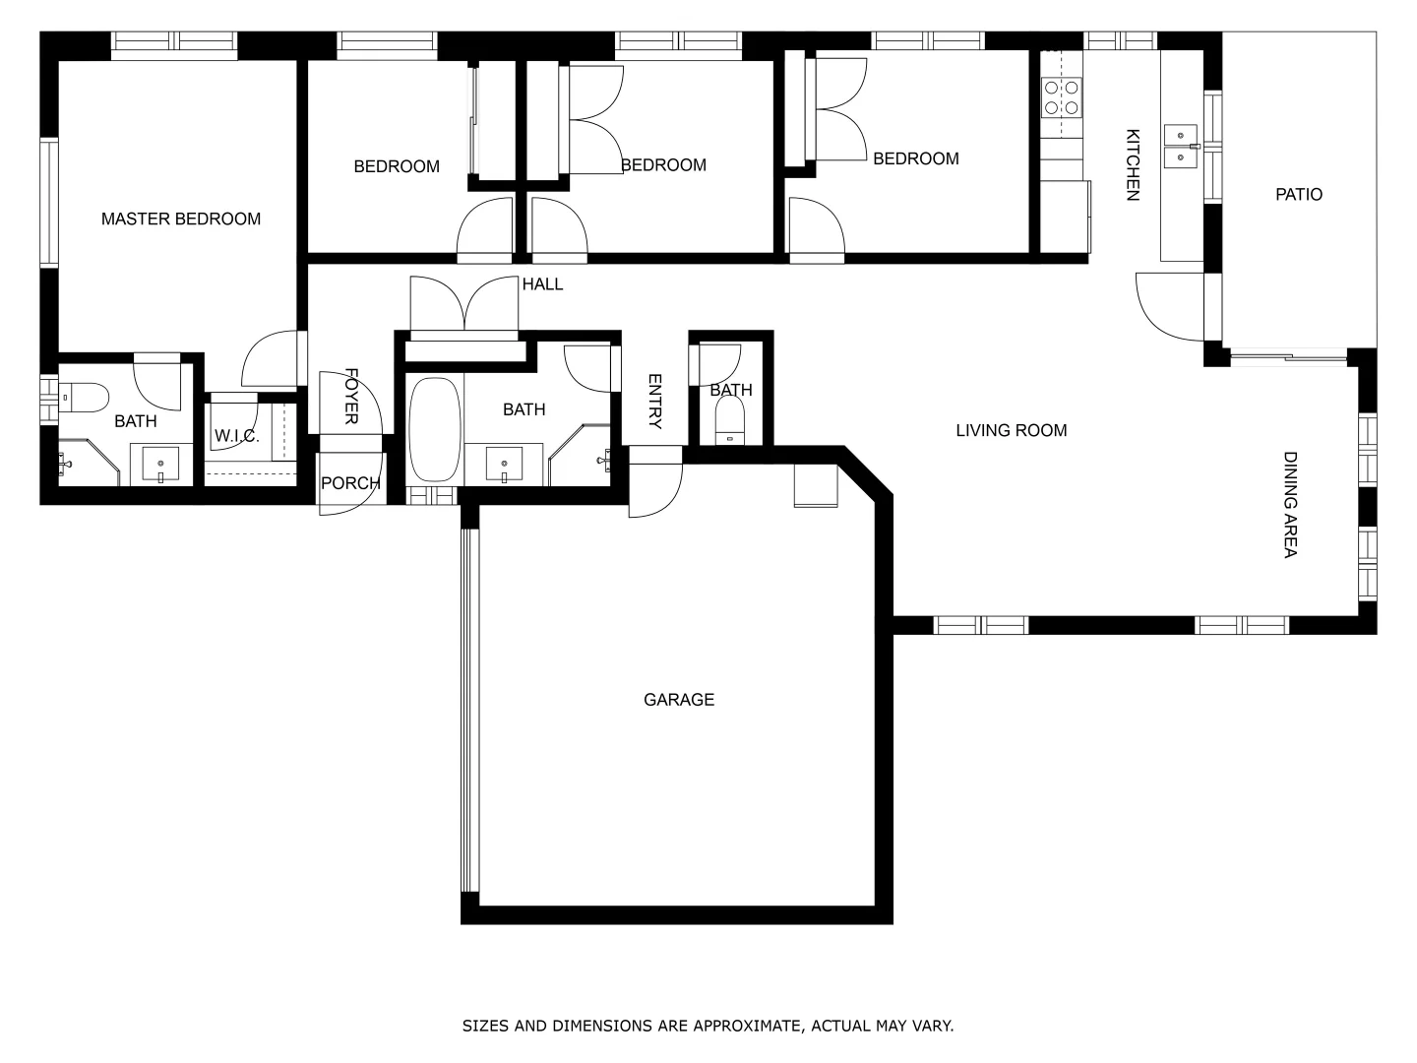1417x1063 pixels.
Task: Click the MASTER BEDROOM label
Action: click(x=181, y=219)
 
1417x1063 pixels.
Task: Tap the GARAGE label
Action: click(x=679, y=700)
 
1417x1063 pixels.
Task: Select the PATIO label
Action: click(x=1299, y=194)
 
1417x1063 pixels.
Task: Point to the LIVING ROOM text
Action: click(x=1011, y=430)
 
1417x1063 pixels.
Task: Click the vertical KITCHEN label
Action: click(x=1133, y=165)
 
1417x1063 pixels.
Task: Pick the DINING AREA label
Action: click(x=1290, y=505)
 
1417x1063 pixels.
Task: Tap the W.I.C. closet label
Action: click(x=236, y=436)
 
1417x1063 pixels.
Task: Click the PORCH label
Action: click(x=350, y=483)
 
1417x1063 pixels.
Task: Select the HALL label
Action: click(x=542, y=284)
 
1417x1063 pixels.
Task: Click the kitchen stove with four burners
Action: click(x=1061, y=97)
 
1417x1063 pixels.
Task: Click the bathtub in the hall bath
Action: click(x=434, y=428)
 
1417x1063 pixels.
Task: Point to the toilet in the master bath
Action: click(x=87, y=399)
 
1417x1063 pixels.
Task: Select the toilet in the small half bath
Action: click(x=730, y=424)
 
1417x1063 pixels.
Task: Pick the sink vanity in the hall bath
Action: click(x=504, y=464)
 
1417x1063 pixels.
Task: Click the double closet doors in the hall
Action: click(x=463, y=305)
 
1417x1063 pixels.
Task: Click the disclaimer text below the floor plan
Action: click(x=708, y=1026)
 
